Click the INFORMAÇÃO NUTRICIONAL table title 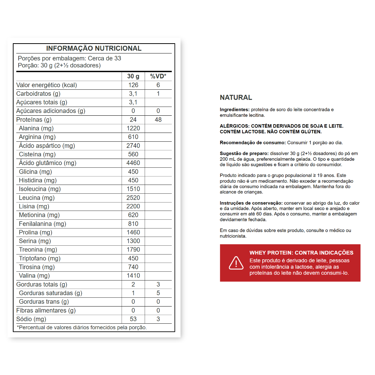pos(94,49)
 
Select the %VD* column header pos(158,76)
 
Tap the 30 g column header pos(133,76)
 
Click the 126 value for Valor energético pos(133,85)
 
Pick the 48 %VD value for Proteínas pos(158,120)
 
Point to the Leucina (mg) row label pos(37,198)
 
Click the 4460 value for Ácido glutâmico pos(133,163)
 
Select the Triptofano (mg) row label pos(40,259)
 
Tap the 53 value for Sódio pos(133,319)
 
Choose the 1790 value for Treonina pos(133,250)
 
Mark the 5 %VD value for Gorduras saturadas pos(158,293)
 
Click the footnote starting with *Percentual pos(82,327)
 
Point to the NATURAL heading pos(236,97)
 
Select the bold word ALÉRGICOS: pos(234,126)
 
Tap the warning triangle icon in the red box pos(236,263)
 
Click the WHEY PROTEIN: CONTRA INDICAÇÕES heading pos(301,253)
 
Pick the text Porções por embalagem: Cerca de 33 pos(69,58)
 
